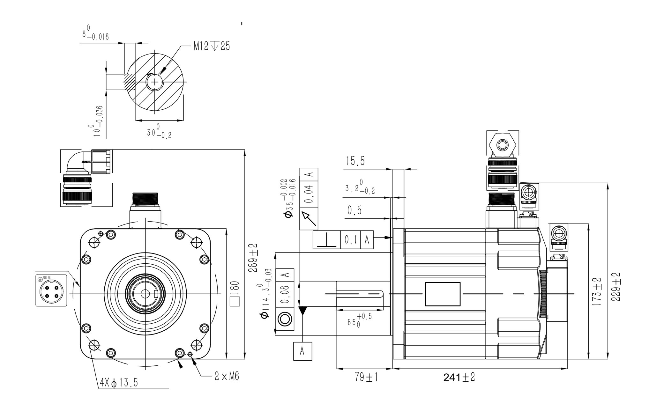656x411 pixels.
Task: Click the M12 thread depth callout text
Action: pyautogui.click(x=211, y=47)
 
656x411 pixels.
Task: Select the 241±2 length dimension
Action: pyautogui.click(x=459, y=378)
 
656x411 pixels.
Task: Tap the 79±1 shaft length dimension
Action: pyautogui.click(x=366, y=378)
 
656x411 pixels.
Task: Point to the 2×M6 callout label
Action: pyautogui.click(x=227, y=377)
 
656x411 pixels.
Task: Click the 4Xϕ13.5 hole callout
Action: pyautogui.click(x=119, y=383)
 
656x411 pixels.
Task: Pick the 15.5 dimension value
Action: pyautogui.click(x=355, y=161)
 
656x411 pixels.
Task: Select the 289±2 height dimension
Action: pyautogui.click(x=253, y=257)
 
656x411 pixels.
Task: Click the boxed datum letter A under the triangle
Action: pyautogui.click(x=302, y=351)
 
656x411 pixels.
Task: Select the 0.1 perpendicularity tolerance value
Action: pyautogui.click(x=350, y=239)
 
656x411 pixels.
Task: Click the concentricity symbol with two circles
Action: pyautogui.click(x=285, y=319)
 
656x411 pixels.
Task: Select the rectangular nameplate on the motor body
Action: pyautogui.click(x=443, y=294)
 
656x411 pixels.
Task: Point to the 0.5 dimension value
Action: pyautogui.click(x=354, y=210)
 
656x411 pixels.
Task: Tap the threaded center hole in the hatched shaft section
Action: pyautogui.click(x=155, y=82)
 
